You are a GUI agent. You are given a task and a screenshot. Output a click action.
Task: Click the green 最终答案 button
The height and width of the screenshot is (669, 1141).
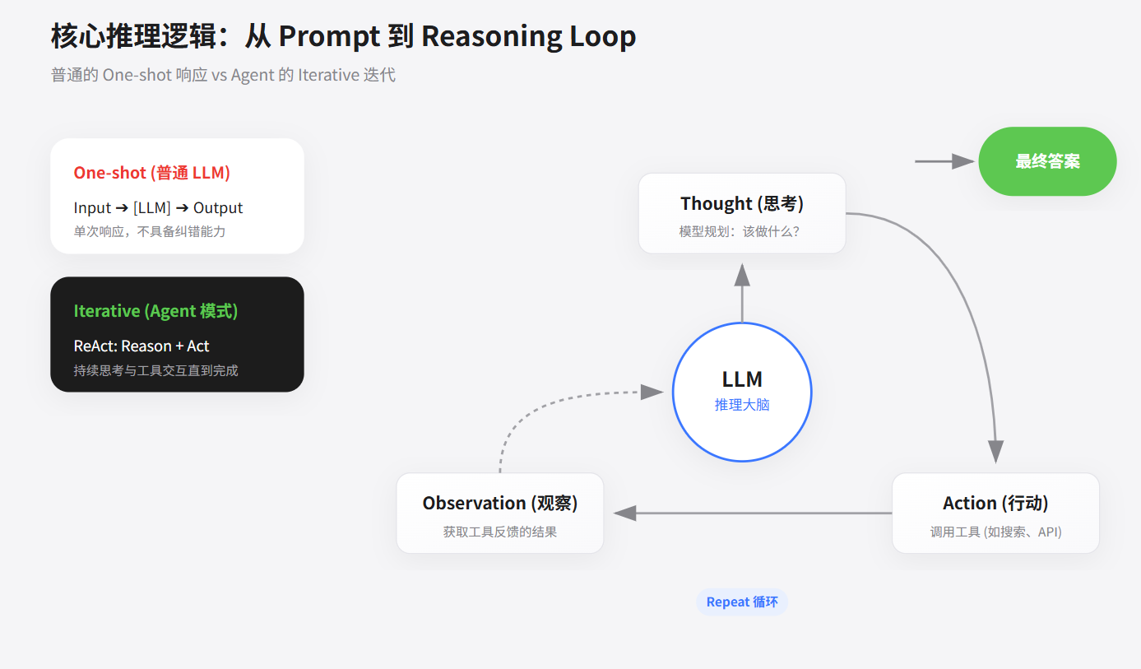tap(1047, 161)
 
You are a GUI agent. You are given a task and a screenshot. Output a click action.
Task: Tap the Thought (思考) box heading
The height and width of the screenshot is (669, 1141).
tap(742, 203)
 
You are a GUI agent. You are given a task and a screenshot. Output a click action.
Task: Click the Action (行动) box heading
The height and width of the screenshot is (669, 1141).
tap(995, 503)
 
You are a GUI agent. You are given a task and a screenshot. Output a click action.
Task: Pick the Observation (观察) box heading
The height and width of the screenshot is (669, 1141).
tap(499, 503)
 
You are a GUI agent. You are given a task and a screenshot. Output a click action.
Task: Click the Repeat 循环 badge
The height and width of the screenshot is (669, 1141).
tap(742, 602)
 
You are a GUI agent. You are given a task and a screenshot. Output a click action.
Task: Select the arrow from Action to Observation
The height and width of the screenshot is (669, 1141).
tap(753, 513)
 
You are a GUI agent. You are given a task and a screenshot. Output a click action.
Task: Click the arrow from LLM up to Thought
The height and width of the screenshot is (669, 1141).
tap(742, 293)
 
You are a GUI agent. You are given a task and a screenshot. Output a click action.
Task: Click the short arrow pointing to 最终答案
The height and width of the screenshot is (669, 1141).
tap(944, 161)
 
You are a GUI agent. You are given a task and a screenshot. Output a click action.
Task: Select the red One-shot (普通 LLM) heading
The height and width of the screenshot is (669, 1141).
tap(152, 173)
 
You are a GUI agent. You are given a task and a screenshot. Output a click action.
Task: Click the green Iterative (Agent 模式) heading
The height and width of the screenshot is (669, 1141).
tap(155, 311)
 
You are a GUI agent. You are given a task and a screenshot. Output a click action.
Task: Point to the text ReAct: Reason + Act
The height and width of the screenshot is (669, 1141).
tap(141, 346)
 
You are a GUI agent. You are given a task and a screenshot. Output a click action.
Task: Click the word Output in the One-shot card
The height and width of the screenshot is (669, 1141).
tap(218, 208)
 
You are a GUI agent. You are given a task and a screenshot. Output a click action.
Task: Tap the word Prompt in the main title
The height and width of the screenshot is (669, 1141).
tap(329, 37)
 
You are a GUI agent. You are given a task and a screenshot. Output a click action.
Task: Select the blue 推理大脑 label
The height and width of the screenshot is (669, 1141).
tap(742, 405)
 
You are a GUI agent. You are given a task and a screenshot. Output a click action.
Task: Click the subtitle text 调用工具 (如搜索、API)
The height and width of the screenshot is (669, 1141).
tap(995, 532)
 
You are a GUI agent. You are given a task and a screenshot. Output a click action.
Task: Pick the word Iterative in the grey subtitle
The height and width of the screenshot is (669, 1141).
tap(328, 75)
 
